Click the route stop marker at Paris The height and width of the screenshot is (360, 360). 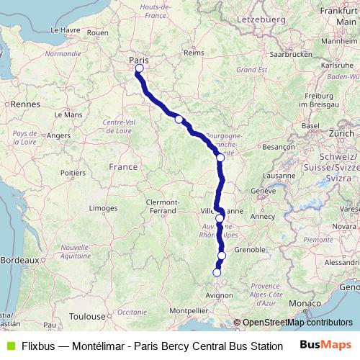point(138,70)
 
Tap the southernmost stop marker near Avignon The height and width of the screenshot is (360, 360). point(217,272)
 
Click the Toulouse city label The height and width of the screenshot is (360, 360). point(87,316)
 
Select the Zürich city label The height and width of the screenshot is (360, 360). point(341,134)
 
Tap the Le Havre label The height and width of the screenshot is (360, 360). point(64,30)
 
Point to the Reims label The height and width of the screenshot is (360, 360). point(194,53)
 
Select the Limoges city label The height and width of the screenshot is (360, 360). point(104,207)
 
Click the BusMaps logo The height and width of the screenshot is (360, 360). point(324,346)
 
